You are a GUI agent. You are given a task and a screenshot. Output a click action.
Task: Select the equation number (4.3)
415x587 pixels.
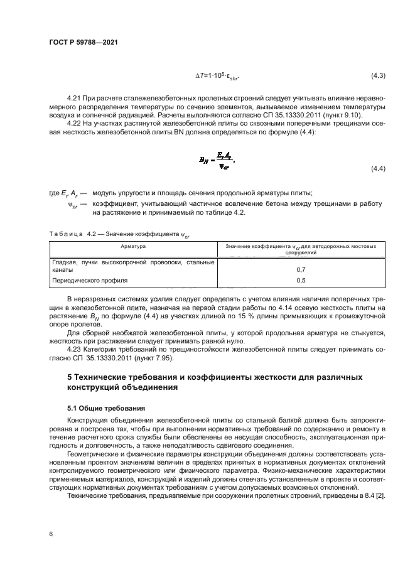point(377,77)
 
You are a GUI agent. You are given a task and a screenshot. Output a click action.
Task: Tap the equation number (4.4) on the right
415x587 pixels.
point(377,170)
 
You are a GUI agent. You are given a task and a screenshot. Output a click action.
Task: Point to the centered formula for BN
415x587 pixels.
point(217,161)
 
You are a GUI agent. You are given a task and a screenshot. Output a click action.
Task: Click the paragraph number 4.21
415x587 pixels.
point(74,99)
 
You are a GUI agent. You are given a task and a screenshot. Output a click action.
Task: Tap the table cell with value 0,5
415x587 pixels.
point(301,281)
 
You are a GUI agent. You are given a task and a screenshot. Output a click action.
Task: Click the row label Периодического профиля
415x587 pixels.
point(90,281)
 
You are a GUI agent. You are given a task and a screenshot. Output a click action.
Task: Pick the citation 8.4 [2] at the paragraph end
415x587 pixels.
point(374,495)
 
